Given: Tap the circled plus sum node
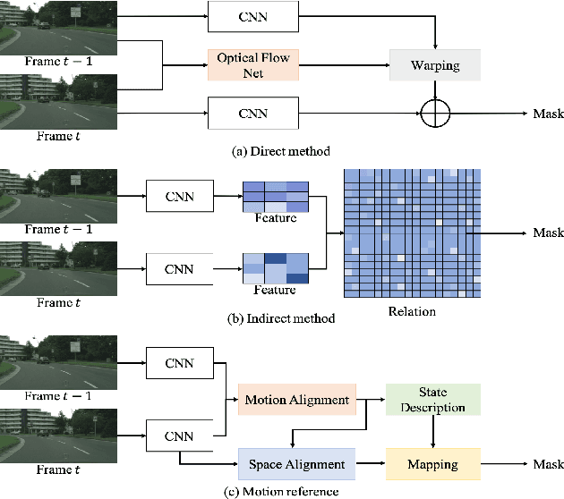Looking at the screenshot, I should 435,113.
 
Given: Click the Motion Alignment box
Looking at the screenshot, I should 296,399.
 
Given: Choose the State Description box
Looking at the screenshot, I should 433,400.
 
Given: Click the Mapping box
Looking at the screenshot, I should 433,464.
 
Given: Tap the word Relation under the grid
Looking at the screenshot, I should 411,311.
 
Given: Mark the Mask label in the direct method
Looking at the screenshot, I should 548,114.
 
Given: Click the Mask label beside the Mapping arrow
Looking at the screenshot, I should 548,464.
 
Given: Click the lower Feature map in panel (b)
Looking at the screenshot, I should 274,266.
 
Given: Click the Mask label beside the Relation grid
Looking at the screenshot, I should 548,233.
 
